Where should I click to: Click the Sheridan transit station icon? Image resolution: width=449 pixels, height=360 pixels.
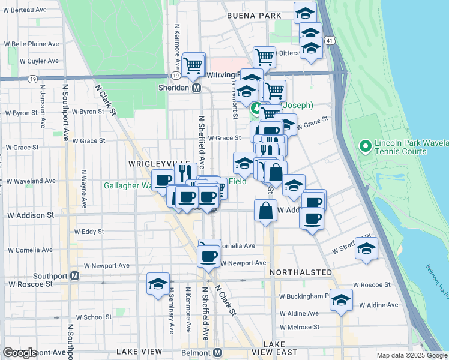click(196, 88)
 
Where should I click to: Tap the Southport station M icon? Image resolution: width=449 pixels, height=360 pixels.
click(75, 276)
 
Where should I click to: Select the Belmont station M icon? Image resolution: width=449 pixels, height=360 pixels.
click(218, 352)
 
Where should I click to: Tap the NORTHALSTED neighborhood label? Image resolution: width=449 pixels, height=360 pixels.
click(301, 272)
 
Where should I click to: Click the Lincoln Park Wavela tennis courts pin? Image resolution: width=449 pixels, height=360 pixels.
click(363, 146)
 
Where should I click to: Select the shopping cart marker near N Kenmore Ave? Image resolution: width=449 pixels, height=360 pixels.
click(193, 65)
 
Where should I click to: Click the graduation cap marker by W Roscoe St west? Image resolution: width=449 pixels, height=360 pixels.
click(158, 284)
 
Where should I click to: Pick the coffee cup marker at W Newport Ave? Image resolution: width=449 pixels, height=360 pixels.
click(209, 256)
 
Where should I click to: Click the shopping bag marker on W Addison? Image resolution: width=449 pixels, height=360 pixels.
click(265, 211)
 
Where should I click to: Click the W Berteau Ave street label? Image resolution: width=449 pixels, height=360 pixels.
click(25, 10)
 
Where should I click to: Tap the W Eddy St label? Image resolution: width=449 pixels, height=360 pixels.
click(89, 231)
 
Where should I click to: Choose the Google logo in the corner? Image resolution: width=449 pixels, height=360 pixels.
click(20, 353)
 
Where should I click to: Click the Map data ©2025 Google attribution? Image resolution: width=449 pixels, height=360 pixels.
click(411, 355)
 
